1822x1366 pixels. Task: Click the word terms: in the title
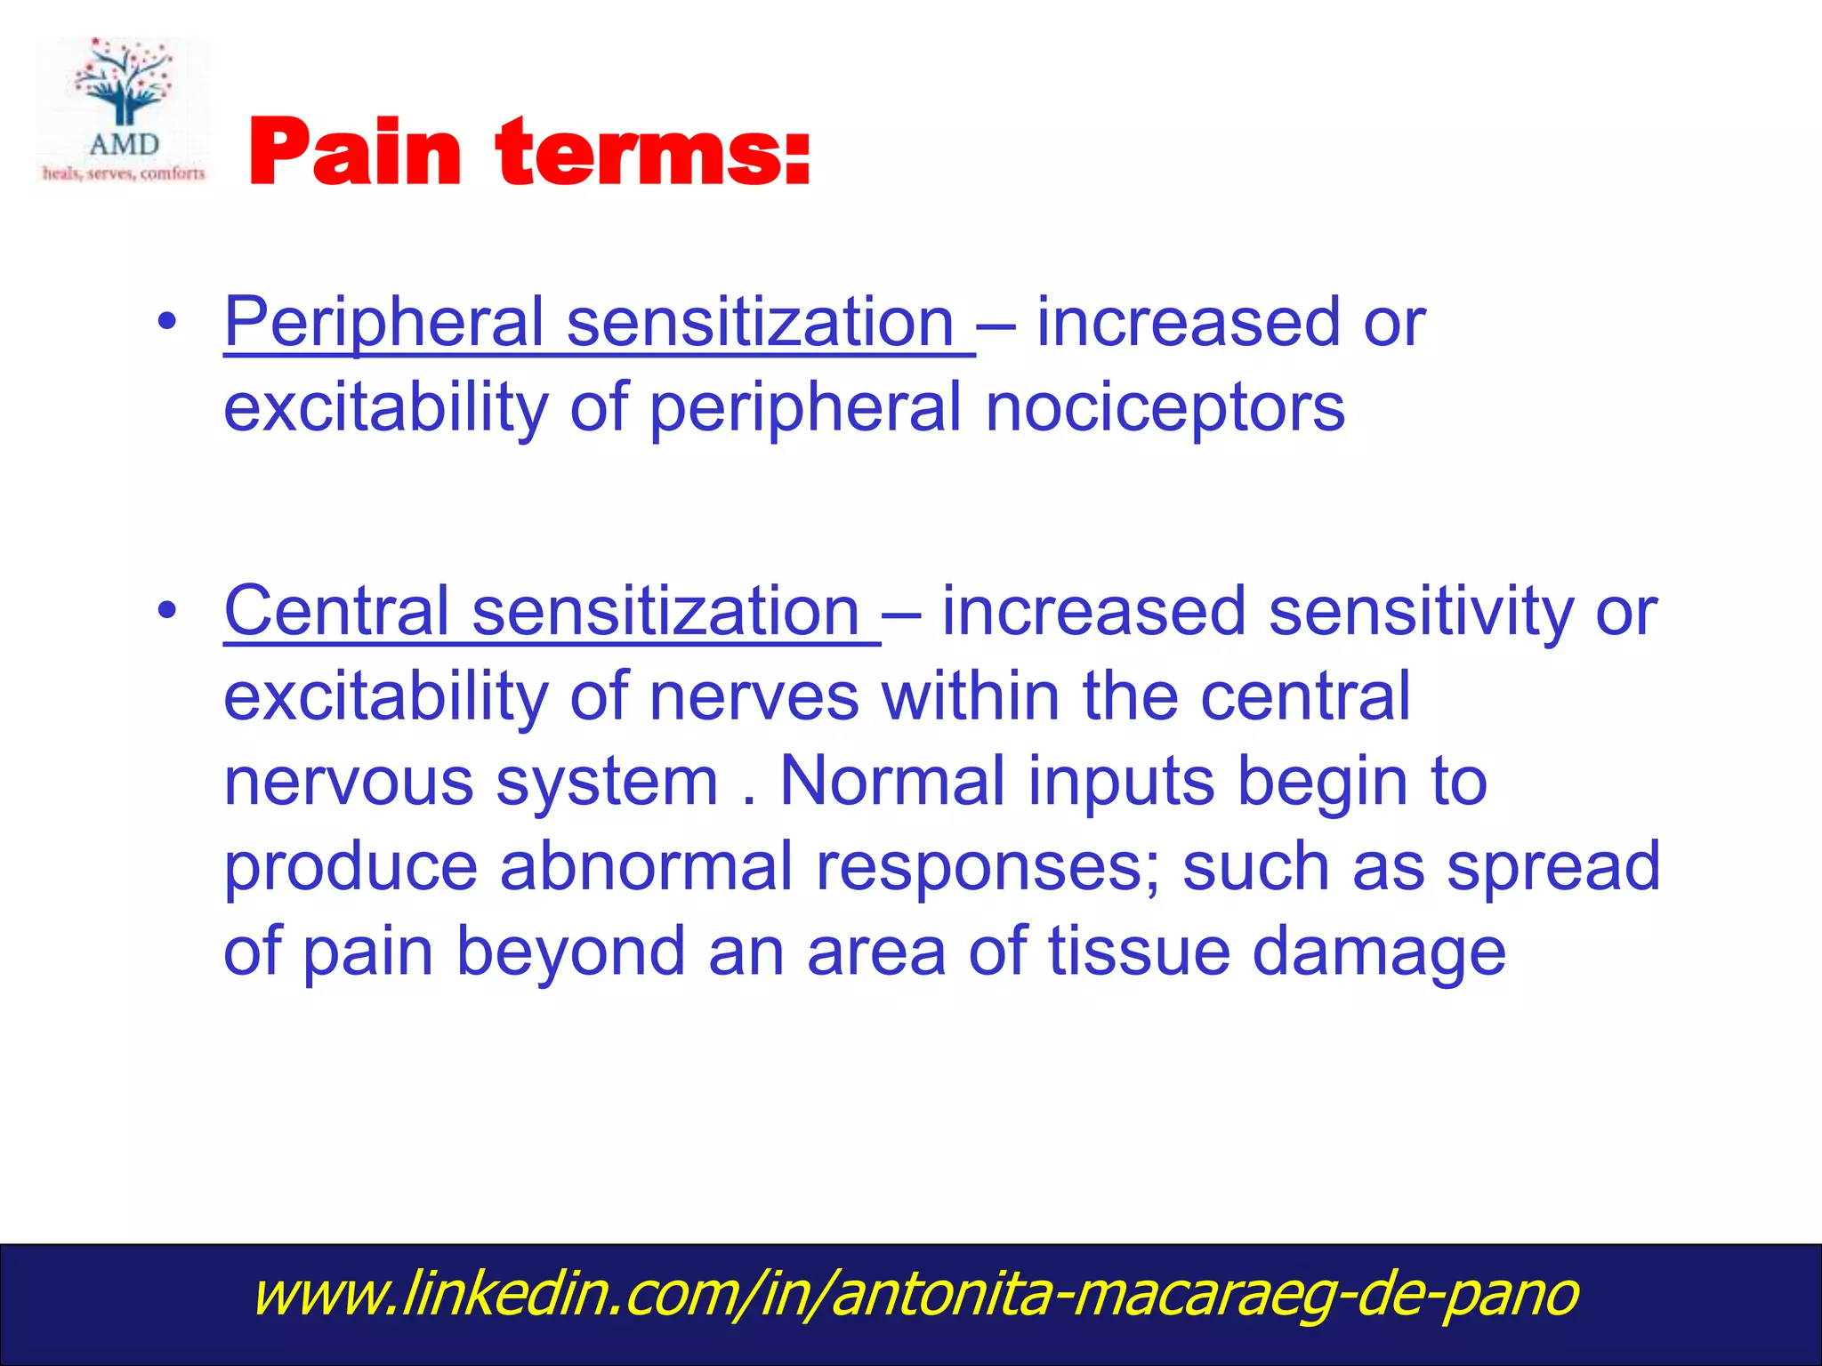click(654, 153)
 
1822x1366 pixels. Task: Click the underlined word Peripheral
click(384, 322)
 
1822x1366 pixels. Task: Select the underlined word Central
click(336, 612)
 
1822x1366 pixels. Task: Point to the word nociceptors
click(1165, 407)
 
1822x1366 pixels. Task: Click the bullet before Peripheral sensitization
click(166, 324)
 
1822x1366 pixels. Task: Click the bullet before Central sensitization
click(166, 613)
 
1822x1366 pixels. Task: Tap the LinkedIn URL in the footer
click(915, 1295)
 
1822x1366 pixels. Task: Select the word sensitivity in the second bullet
click(1420, 612)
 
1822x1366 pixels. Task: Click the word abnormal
click(646, 866)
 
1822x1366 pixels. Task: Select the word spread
click(1553, 866)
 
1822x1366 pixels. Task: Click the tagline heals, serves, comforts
click(124, 173)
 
